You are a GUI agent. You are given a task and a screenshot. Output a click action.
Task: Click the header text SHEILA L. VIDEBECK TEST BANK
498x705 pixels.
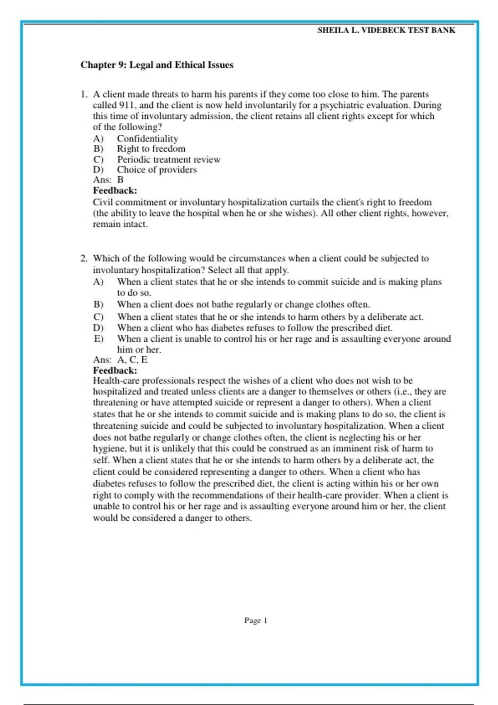pos(386,30)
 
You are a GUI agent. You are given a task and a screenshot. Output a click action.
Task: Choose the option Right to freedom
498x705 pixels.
pos(151,149)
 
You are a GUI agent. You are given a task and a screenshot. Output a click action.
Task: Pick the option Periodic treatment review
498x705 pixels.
pos(168,160)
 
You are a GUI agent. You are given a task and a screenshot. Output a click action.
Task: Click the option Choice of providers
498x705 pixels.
pos(156,170)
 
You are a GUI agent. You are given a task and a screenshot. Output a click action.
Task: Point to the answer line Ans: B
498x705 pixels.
pos(108,180)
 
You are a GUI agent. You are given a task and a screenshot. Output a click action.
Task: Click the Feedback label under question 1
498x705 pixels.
pos(115,191)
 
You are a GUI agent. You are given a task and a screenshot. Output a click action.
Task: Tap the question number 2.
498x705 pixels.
pos(84,258)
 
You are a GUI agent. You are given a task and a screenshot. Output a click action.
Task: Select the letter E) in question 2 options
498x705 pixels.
pos(98,339)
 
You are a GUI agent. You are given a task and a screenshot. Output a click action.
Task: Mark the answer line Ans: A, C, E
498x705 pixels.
pos(120,360)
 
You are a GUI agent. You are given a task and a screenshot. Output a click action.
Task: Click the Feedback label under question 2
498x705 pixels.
pos(115,370)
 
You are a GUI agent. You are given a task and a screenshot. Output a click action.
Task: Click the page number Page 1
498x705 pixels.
pos(256,620)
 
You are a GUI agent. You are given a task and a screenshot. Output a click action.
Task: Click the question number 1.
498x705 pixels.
pos(84,95)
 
